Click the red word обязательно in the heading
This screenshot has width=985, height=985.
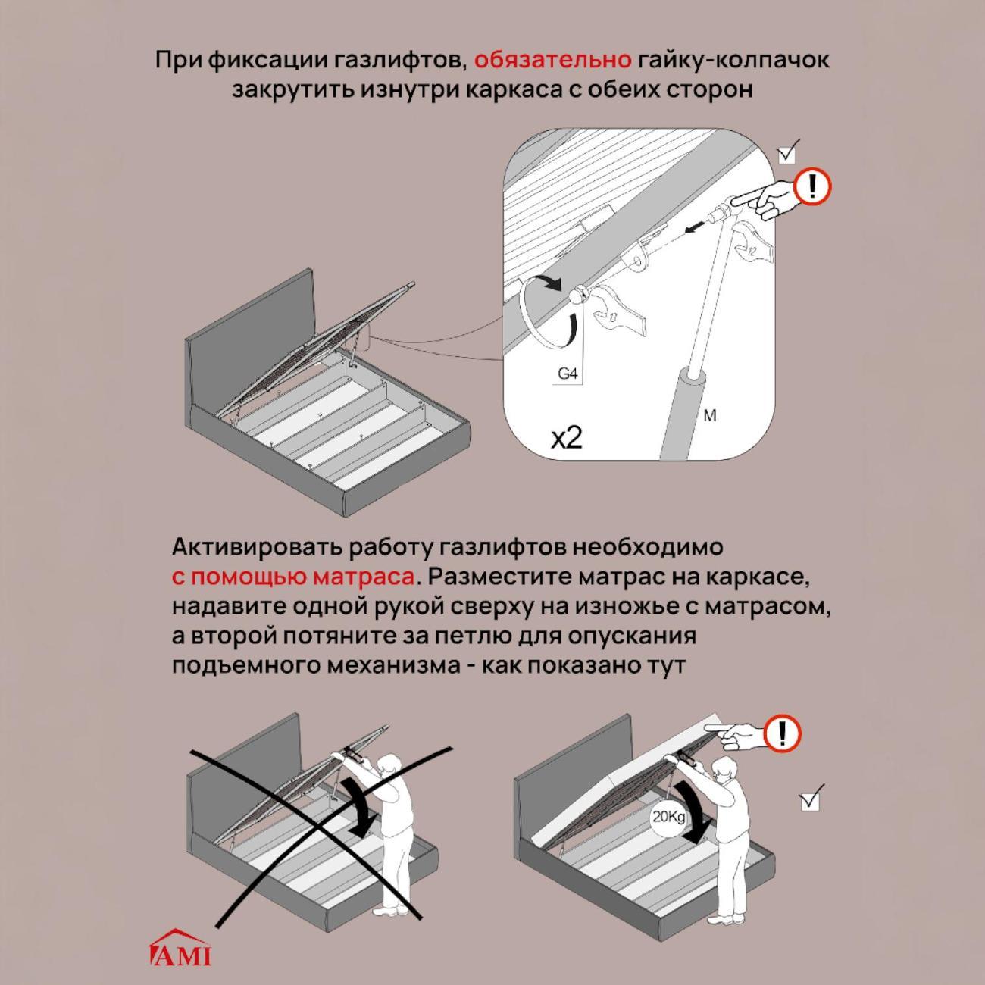553,61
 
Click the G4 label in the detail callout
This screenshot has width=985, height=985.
568,374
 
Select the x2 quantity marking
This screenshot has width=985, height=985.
566,437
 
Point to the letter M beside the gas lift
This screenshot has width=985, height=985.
710,415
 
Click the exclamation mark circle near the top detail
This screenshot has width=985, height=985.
812,186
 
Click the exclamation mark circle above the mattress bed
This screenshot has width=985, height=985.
783,734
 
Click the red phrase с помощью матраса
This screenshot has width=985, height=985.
293,577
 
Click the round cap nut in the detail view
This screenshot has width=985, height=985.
577,295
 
